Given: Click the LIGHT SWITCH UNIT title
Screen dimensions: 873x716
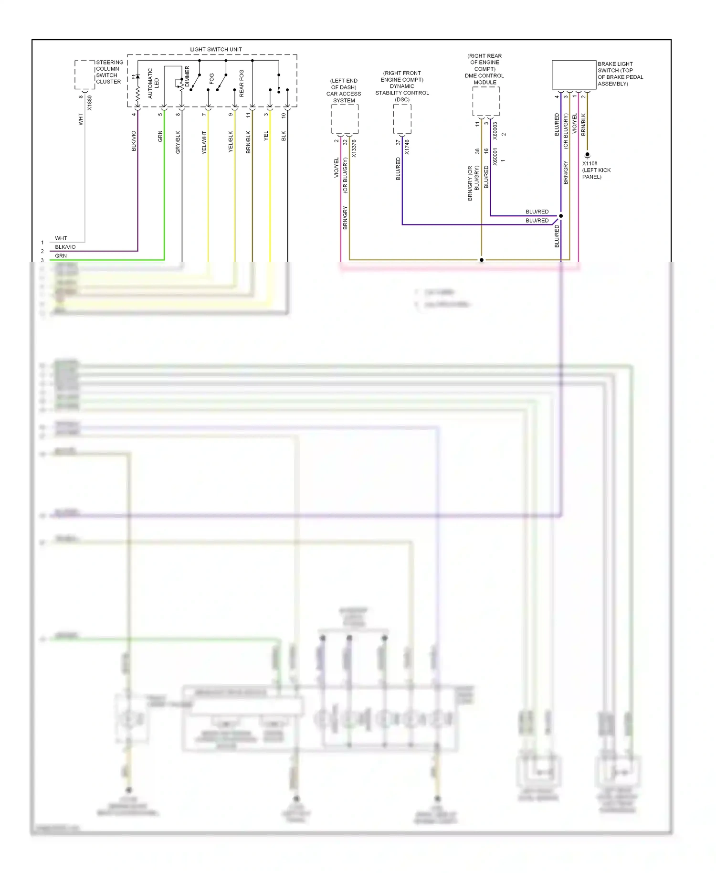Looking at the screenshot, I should point(216,49).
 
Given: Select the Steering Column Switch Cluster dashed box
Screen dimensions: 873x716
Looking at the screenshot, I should point(84,75).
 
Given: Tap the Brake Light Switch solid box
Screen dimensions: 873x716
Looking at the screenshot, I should point(574,75).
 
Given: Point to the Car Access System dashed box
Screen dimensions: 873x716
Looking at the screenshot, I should point(345,119).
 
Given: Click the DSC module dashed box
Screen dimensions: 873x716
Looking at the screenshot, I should point(402,119).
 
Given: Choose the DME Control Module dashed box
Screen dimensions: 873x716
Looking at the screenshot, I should point(485,101).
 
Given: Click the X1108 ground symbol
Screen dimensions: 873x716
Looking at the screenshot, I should point(587,155).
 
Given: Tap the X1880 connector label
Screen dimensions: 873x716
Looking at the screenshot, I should point(90,103).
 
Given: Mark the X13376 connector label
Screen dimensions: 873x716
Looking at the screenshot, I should point(354,149).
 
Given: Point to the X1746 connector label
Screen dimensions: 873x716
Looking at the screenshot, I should point(407,147).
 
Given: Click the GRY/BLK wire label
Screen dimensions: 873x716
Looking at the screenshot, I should point(178,142).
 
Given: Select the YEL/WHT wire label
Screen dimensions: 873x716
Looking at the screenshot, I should point(204,142).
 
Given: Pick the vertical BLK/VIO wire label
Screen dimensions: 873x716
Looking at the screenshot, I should point(134,141).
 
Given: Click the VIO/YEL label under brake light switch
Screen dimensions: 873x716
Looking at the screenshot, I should point(574,123).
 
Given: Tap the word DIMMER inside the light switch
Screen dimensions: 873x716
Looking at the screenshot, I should point(187,76).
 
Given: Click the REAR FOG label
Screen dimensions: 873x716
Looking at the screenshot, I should point(241,84).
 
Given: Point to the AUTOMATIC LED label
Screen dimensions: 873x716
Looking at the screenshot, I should point(153,83).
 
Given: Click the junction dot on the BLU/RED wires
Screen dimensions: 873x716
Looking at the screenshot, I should point(561,216).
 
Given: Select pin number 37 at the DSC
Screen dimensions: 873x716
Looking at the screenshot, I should point(398,142).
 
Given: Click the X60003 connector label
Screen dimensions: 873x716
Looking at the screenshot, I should point(495,130).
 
